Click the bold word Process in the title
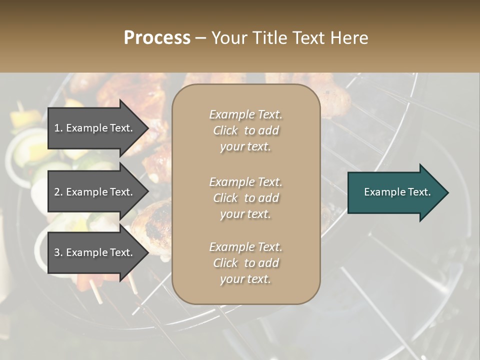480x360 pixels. pos(157,38)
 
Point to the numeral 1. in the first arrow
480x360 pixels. pos(58,128)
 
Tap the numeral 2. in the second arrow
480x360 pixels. pos(58,192)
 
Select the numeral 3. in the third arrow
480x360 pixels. pos(58,252)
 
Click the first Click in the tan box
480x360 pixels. pos(225,130)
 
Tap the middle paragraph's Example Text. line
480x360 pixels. pos(245,181)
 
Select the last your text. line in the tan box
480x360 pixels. pos(245,279)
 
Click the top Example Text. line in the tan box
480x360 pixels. pos(245,114)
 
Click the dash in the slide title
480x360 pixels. pos(201,38)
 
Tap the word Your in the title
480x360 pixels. pos(229,38)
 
